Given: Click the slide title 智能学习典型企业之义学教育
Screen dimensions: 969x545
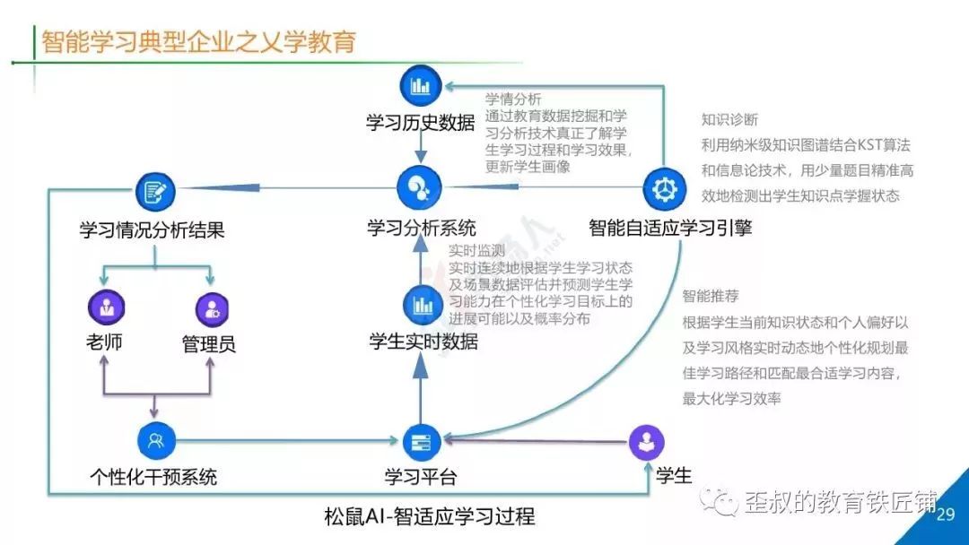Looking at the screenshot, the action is click(198, 42).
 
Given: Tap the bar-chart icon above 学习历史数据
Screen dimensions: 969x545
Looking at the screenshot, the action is click(421, 85).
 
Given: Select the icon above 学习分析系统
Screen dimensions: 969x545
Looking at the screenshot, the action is click(420, 187).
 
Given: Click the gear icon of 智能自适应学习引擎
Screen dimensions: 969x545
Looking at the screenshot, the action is click(664, 189).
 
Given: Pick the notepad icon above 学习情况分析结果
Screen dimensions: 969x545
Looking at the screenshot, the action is click(155, 192).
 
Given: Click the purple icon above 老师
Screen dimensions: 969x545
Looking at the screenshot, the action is click(106, 307).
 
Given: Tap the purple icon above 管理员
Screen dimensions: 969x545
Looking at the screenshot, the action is click(212, 308).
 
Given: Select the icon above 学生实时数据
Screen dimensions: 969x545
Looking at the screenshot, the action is click(423, 305).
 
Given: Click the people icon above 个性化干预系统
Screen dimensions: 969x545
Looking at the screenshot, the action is click(156, 441).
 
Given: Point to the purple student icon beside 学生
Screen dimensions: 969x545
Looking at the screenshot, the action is click(646, 442).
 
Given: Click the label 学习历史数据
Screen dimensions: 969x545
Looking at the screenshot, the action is click(421, 123).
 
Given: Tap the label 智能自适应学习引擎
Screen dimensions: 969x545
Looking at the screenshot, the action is click(670, 228).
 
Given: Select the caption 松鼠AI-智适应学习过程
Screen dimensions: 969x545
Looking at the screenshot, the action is click(430, 516).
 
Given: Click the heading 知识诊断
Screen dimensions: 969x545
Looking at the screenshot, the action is click(729, 120).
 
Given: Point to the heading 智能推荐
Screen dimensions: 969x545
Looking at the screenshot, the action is click(711, 297).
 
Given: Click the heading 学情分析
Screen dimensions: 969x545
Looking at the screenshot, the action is click(513, 99).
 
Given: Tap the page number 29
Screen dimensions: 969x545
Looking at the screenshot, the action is click(946, 515).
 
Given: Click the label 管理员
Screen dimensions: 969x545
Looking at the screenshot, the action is click(209, 344).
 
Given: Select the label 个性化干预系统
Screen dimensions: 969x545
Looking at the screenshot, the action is click(153, 477).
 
